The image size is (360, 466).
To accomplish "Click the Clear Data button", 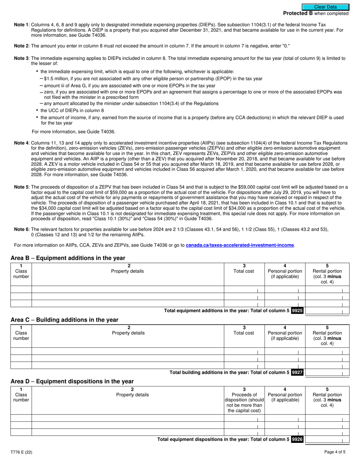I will pos(325,7).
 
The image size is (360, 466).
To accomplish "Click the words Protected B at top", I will pos(295,13).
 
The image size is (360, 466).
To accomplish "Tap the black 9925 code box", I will pos(297,311).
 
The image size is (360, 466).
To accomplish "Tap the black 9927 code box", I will pos(297,372).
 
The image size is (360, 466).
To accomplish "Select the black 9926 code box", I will pos(297,439).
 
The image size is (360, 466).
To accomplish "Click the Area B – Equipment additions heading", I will pos(68,258).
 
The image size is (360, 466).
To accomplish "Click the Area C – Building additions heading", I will pos(64,320).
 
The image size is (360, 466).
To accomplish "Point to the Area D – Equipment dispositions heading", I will pos(72,381).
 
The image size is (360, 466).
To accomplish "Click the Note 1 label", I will pos(21,25).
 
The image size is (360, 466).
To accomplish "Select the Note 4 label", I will pos(21,143).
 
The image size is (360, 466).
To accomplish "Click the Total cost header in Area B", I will pos(244,271).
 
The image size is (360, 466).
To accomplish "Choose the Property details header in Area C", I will pos(128,333).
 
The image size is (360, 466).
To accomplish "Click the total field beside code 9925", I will pos(327,311).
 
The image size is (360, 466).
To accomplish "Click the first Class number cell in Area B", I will pos(21,289).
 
